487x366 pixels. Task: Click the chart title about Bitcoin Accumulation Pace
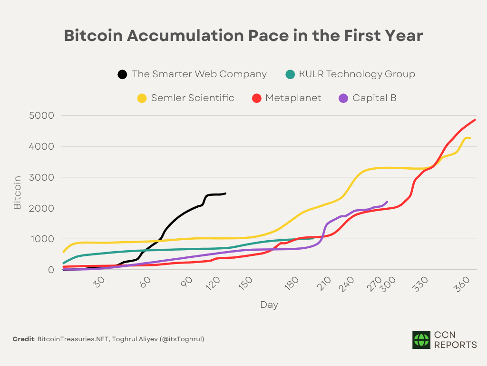[243, 36]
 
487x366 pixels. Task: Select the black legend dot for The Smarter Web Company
[123, 74]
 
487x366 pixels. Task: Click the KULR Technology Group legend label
[357, 74]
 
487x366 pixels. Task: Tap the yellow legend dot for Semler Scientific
[142, 98]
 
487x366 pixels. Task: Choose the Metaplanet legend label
[293, 98]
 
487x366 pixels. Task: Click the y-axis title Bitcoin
[18, 192]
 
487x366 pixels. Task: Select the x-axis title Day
[269, 305]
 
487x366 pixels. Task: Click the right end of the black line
[225, 193]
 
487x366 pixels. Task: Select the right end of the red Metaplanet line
[475, 120]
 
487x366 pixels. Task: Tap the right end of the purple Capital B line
[387, 202]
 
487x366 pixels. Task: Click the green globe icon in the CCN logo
[421, 340]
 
